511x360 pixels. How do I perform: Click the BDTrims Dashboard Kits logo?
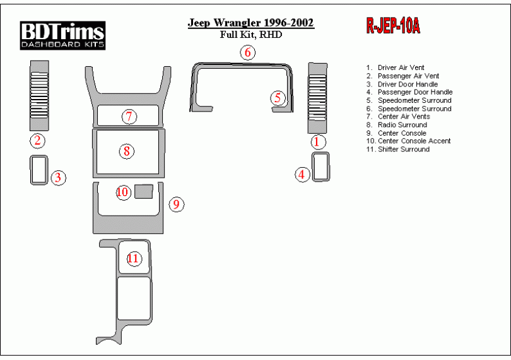click(x=62, y=35)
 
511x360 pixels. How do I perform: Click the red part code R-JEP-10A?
click(x=393, y=26)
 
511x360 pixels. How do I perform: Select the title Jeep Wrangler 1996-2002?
click(x=251, y=23)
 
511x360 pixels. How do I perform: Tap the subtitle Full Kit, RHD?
click(x=251, y=35)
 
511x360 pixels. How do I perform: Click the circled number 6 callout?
click(x=248, y=52)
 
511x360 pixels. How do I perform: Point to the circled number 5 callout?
click(x=278, y=98)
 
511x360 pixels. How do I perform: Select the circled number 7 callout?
click(x=129, y=117)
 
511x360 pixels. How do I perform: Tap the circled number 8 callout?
click(x=126, y=151)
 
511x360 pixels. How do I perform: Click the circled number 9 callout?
click(x=176, y=204)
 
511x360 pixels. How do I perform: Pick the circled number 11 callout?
click(x=133, y=258)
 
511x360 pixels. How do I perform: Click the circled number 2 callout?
click(x=37, y=141)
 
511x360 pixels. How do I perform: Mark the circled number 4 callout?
click(x=302, y=174)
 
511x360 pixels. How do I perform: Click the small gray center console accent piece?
click(x=144, y=191)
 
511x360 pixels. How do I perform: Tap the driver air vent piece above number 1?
click(x=317, y=98)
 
